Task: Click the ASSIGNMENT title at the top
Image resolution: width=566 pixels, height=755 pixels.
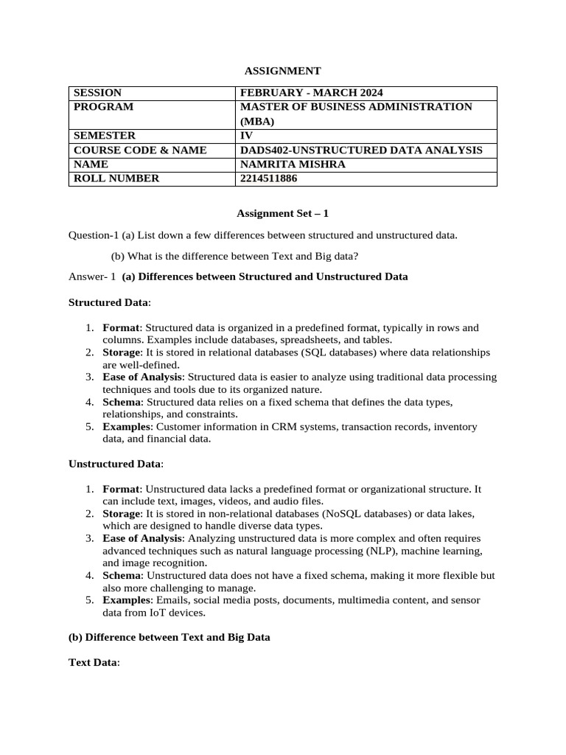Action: [x=282, y=72]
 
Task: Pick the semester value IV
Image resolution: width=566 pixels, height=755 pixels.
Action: [x=246, y=136]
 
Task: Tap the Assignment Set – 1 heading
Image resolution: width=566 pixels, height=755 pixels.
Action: [x=282, y=214]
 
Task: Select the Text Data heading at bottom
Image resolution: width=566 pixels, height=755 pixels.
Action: [x=92, y=663]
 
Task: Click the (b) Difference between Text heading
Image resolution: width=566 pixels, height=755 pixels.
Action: [x=170, y=637]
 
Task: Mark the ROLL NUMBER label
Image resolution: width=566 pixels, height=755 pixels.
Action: [x=114, y=178]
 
